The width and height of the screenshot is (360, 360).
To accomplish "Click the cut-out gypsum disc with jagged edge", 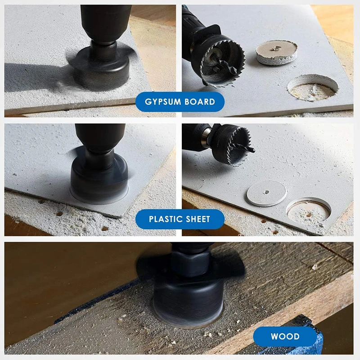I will click(276, 52).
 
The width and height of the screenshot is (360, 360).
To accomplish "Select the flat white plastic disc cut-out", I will click(267, 193).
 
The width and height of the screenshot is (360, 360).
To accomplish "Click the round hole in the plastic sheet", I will click(308, 209).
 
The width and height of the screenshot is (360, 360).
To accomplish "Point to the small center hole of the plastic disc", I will click(267, 192).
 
